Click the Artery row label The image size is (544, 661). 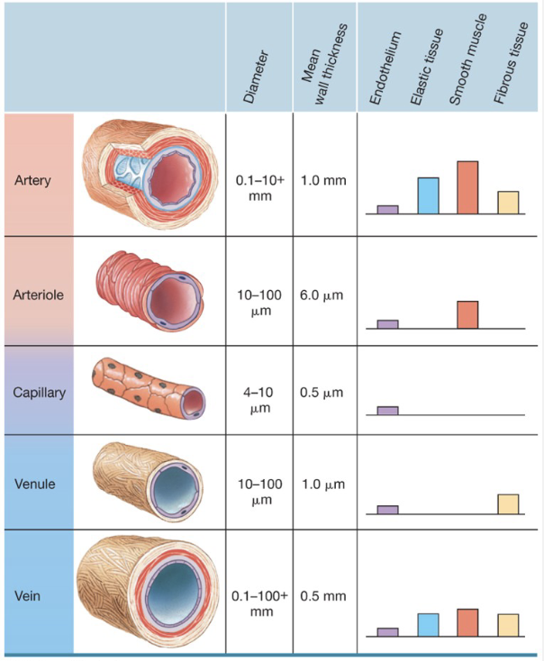[33, 179]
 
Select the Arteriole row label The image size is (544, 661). [38, 294]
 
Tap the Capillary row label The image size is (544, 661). [39, 393]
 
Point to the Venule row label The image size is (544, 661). [35, 484]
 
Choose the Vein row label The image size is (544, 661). [27, 595]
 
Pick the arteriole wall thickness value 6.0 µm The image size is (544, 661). [322, 294]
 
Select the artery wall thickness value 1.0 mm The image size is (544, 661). [323, 180]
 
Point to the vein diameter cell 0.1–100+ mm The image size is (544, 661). [259, 603]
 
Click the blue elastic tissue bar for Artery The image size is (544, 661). [428, 195]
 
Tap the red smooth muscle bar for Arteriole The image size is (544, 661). [467, 314]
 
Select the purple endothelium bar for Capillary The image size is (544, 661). [387, 411]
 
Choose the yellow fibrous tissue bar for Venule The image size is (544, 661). [508, 504]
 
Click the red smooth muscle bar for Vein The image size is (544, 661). [467, 622]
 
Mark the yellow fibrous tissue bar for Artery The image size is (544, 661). [508, 203]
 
